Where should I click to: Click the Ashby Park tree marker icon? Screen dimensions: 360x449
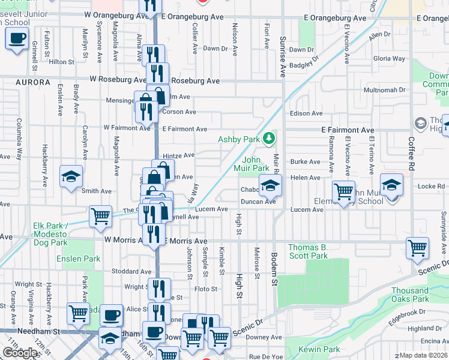point(270,139)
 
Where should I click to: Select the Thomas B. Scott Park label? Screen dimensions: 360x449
point(308,251)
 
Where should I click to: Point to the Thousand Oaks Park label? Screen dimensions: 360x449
point(409,294)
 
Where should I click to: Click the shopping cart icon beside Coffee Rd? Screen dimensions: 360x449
point(417,247)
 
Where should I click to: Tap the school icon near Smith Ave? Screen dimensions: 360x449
point(71,176)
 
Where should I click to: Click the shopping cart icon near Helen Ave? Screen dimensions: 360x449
point(343,191)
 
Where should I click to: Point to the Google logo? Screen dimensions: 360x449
point(20,353)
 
